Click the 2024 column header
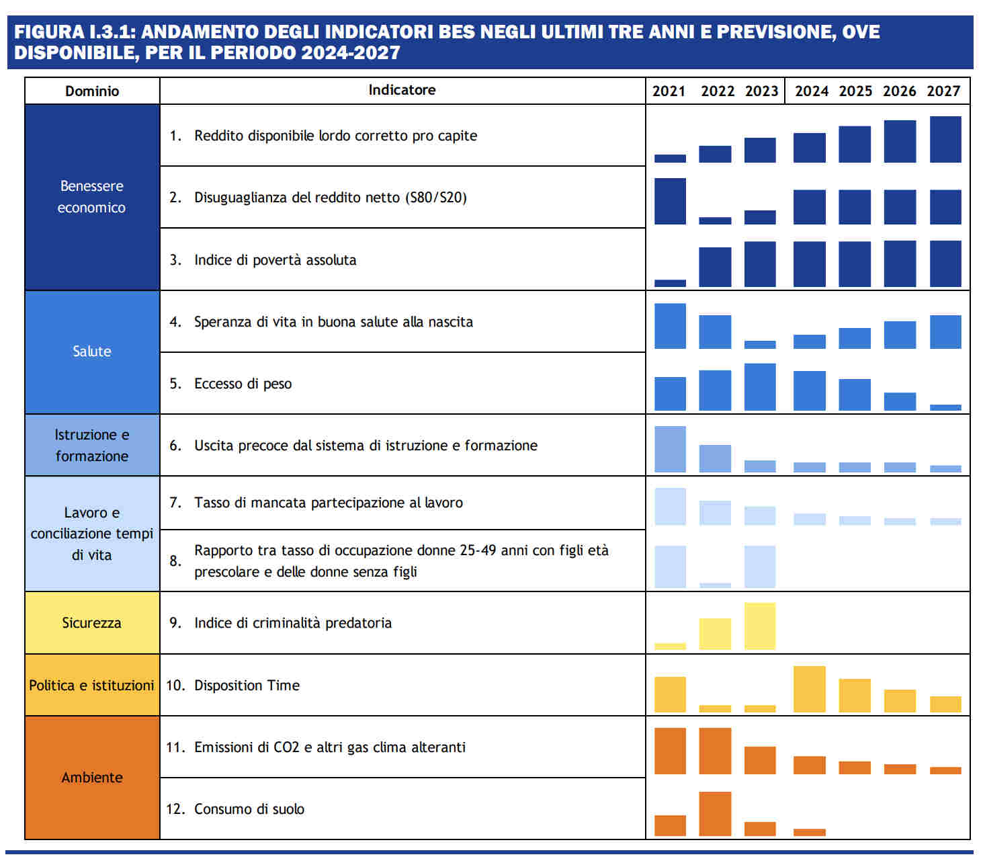coord(811,91)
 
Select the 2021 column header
coord(669,91)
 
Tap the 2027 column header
coord(943,91)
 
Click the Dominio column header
coord(92,91)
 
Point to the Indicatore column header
coord(402,90)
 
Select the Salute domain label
coord(92,352)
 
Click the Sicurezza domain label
coord(92,623)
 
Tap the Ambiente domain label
coord(92,778)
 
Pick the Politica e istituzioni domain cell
coord(92,686)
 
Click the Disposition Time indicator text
coord(247,686)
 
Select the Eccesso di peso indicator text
coord(243,384)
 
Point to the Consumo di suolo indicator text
coord(249,809)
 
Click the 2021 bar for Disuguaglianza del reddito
coord(670,201)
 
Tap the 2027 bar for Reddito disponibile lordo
coord(945,139)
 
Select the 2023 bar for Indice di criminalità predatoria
coord(760,626)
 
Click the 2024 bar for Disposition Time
coord(810,689)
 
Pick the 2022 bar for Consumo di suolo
coord(715,814)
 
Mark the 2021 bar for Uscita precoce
coord(670,449)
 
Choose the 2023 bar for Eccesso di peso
coord(760,387)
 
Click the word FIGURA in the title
coord(48,32)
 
